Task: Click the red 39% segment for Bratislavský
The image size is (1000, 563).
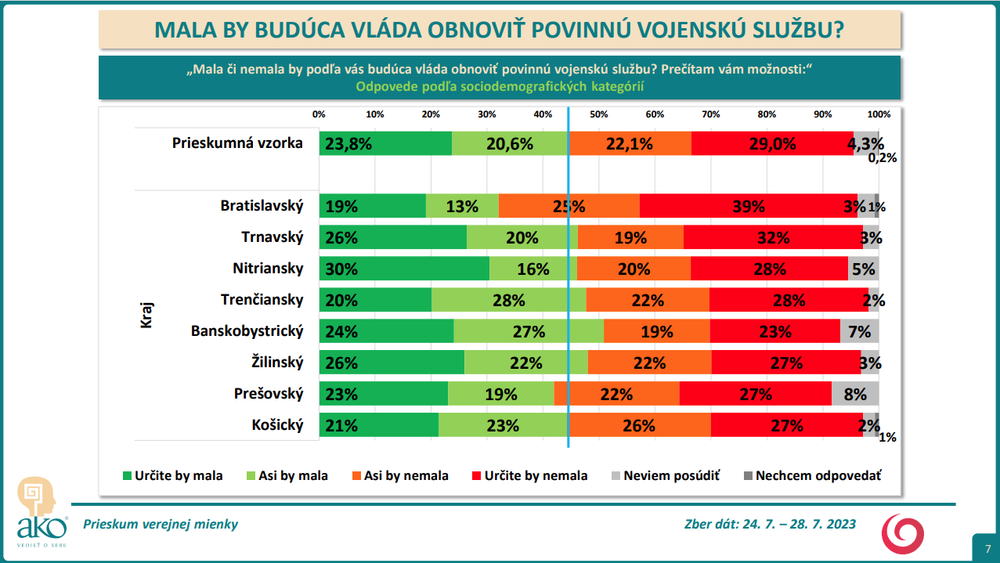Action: [748, 207]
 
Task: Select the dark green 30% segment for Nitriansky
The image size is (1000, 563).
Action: [404, 269]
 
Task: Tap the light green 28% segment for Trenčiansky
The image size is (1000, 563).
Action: [509, 300]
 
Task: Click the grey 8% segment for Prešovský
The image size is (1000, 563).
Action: [855, 394]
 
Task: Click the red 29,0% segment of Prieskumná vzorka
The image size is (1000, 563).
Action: [772, 143]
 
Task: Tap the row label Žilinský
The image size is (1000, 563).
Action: [275, 362]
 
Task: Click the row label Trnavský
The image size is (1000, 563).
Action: [272, 237]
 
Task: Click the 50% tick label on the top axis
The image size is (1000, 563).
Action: [599, 114]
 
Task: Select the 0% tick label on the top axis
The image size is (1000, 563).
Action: [319, 114]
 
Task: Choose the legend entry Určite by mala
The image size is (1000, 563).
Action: [173, 476]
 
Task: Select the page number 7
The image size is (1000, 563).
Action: [986, 549]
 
